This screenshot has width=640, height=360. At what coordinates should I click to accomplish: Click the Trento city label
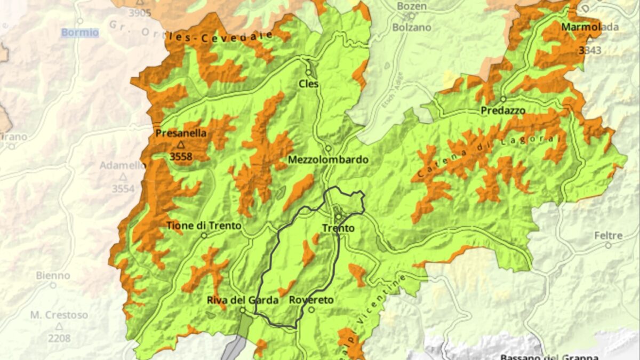tap(338, 228)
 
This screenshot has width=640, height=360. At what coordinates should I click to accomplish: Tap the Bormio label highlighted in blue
tap(79, 33)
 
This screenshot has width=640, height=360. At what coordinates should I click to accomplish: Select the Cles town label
tap(308, 84)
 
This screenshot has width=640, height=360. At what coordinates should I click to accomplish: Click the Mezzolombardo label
tap(328, 159)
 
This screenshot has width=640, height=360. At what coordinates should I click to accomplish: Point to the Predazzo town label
tap(503, 110)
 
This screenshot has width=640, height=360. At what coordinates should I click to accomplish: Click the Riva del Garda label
tap(243, 300)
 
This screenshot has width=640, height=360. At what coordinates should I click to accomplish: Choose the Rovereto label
tap(311, 300)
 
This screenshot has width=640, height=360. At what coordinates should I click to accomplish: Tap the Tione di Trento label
tap(204, 226)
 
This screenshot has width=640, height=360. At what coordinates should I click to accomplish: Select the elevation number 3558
tap(181, 156)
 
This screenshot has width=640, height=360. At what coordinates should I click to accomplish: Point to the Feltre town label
tap(609, 235)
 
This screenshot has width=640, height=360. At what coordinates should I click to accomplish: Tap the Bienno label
tap(53, 275)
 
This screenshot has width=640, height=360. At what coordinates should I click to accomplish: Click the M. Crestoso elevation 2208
tap(59, 338)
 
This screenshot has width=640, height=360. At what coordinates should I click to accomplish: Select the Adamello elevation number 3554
tap(123, 188)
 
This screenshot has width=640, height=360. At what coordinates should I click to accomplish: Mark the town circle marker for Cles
tap(308, 73)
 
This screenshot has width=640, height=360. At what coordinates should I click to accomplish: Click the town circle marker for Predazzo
tap(503, 99)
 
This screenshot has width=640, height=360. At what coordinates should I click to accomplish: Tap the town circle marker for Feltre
tap(608, 245)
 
